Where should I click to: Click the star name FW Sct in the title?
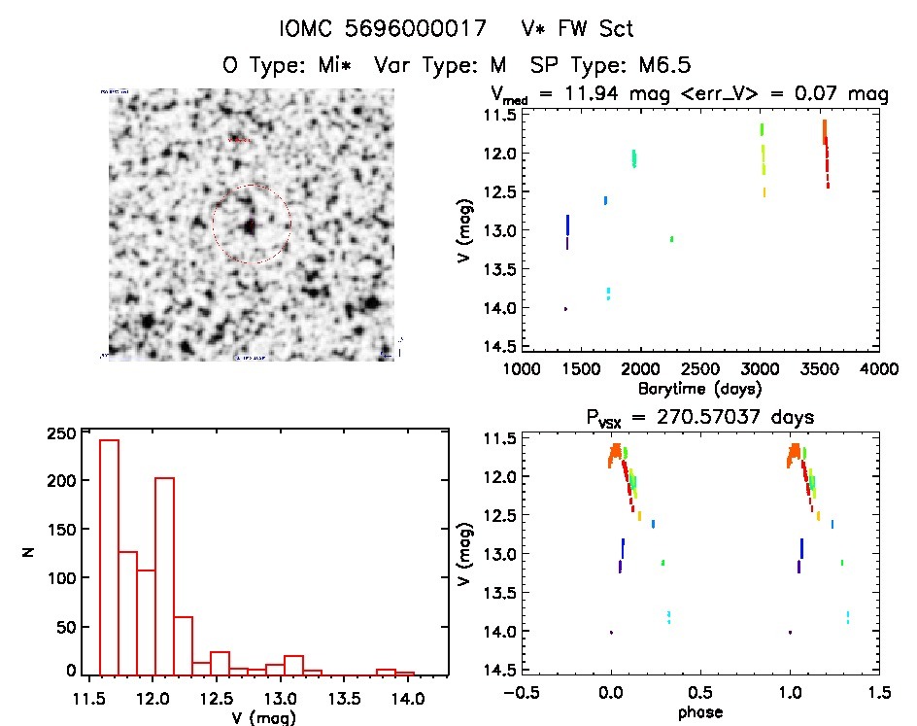pos(592,29)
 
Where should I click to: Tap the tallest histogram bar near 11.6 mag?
pos(109,554)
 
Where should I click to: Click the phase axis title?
pos(699,712)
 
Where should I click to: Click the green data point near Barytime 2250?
pos(671,238)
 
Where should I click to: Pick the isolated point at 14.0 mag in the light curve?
pos(565,308)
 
